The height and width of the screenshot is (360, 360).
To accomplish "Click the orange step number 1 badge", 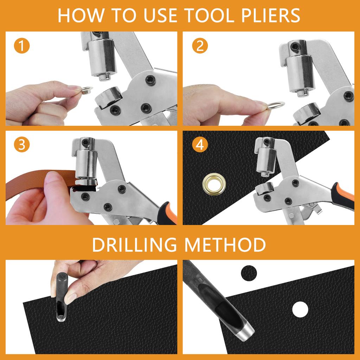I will point(22,47).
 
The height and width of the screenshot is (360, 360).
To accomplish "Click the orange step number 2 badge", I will point(200,47).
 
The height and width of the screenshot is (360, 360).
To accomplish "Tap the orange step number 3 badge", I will point(22,146).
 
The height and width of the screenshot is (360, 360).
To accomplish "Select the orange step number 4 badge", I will point(200,146).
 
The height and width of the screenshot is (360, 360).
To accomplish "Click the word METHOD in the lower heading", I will point(225,245).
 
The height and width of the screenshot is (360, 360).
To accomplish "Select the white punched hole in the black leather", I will point(300,309).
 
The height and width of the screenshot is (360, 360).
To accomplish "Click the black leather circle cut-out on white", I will point(249,273).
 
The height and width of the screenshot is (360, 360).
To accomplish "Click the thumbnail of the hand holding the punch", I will point(71,298).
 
